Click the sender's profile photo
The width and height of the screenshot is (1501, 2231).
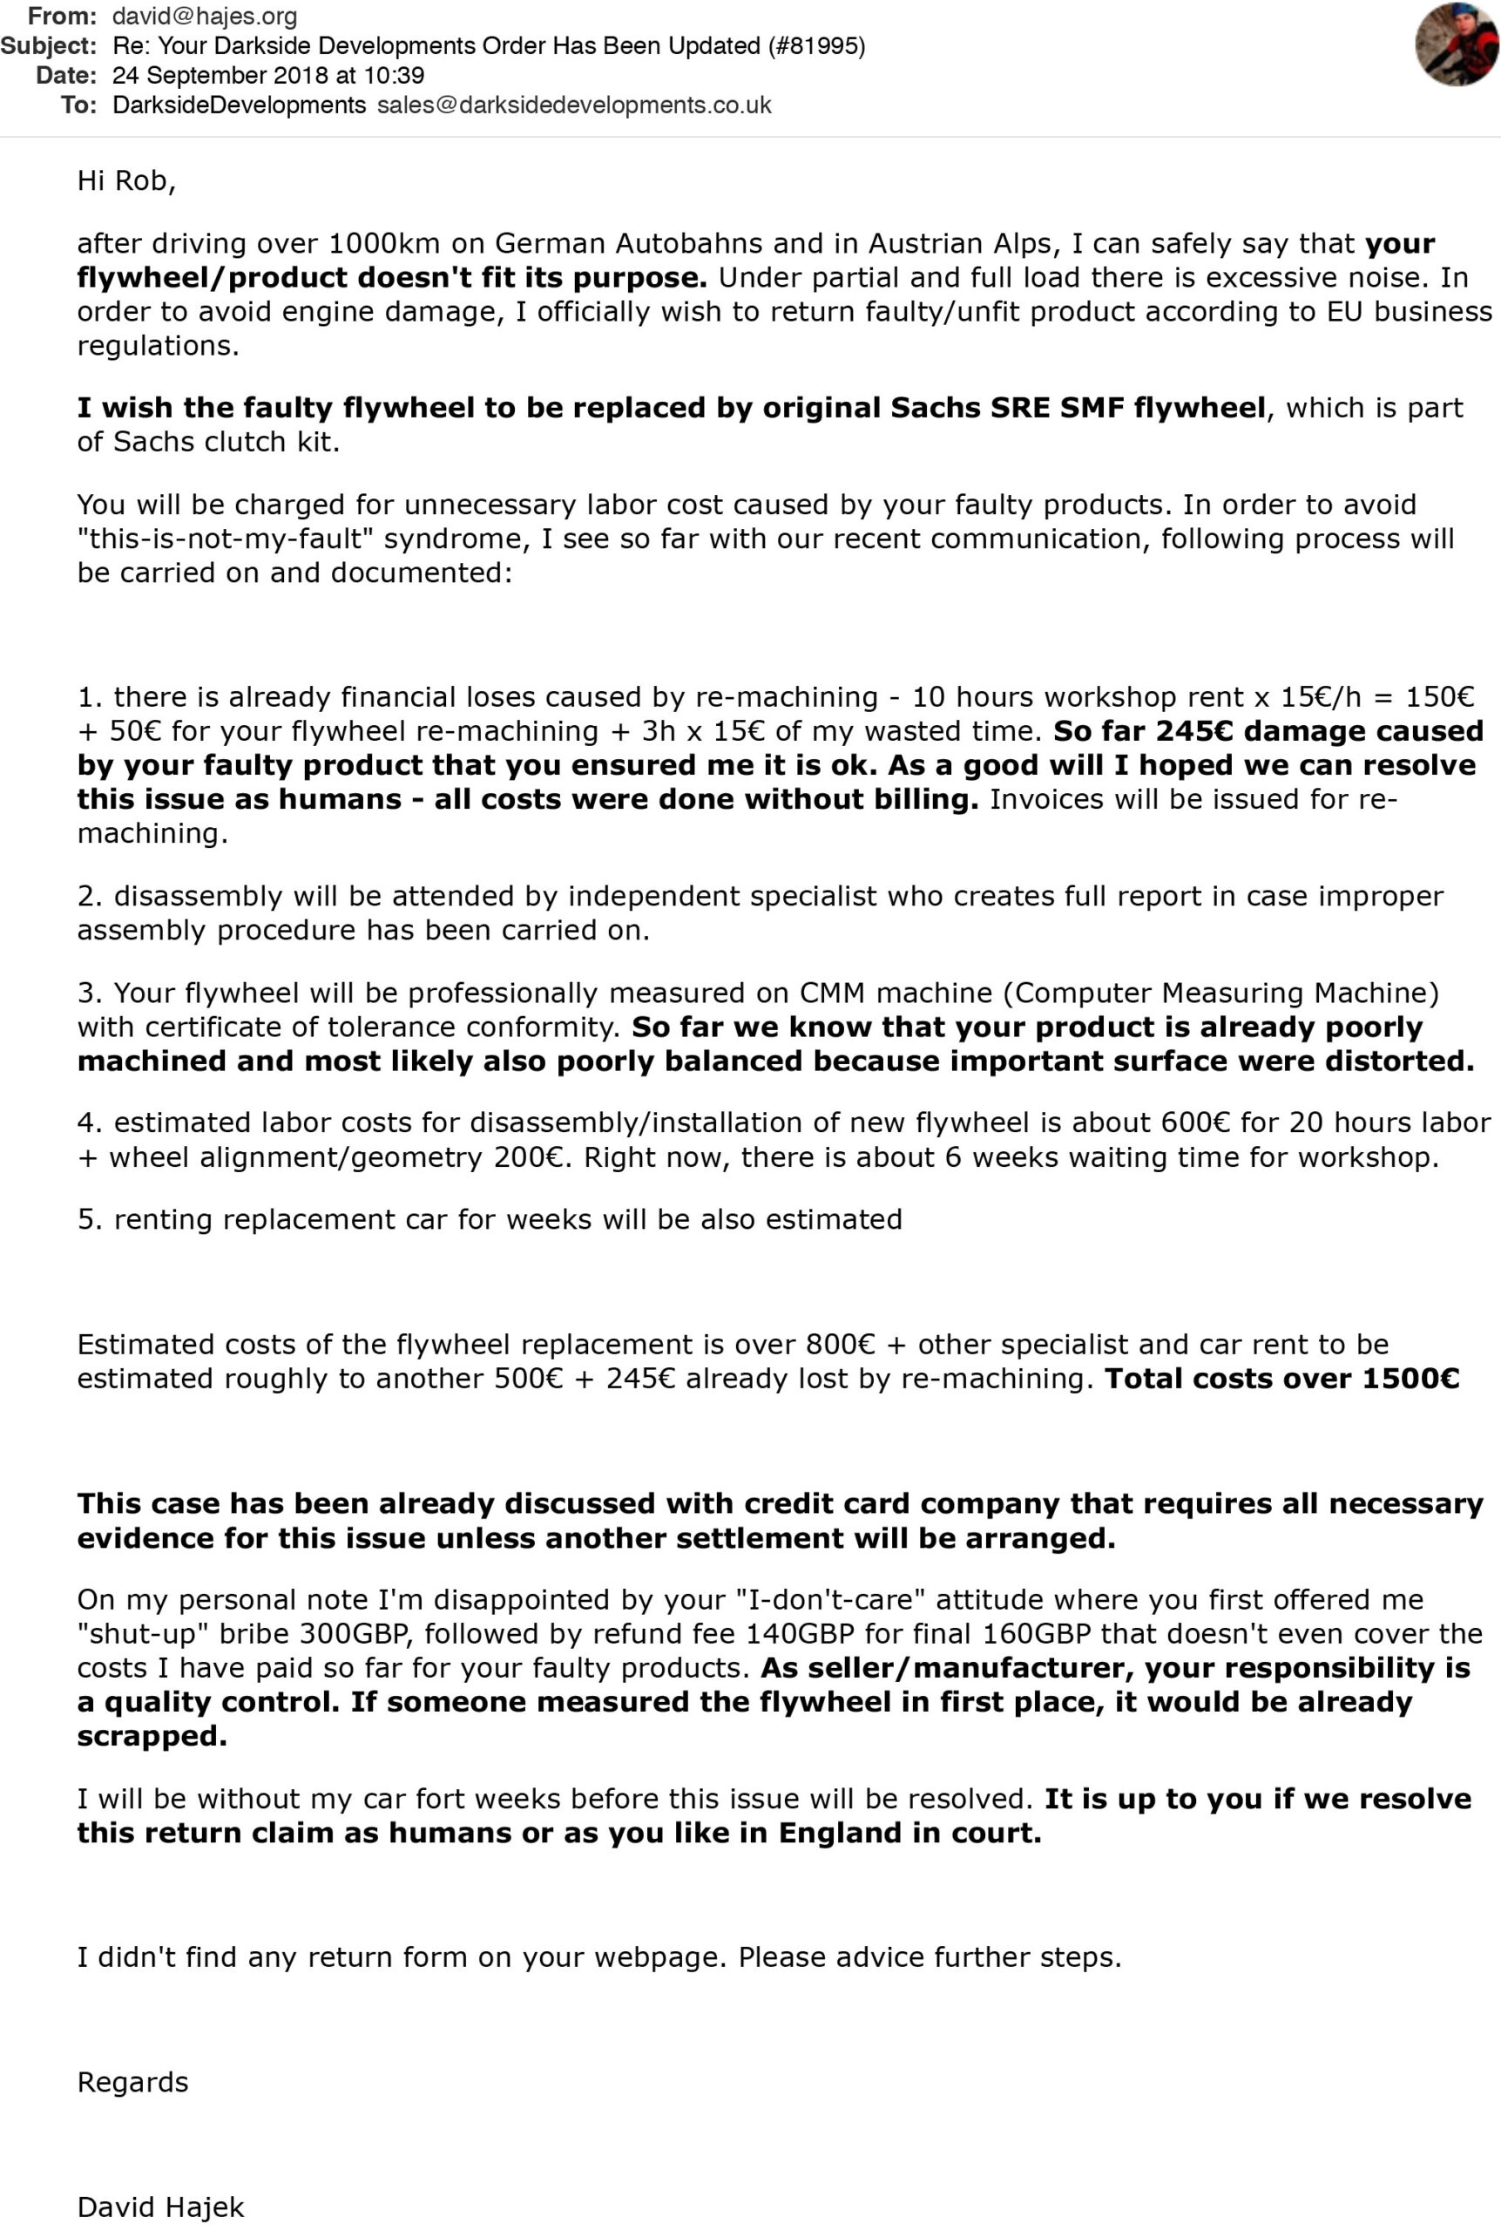click(x=1457, y=45)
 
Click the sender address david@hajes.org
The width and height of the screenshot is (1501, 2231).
click(x=205, y=17)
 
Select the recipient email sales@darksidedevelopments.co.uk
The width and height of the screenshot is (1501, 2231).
click(x=574, y=105)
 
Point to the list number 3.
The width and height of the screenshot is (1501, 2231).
click(x=88, y=993)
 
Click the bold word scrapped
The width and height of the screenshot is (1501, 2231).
click(x=152, y=1736)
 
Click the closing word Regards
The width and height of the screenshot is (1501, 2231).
click(x=133, y=2083)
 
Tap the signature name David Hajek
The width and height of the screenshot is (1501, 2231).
click(x=161, y=2208)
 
